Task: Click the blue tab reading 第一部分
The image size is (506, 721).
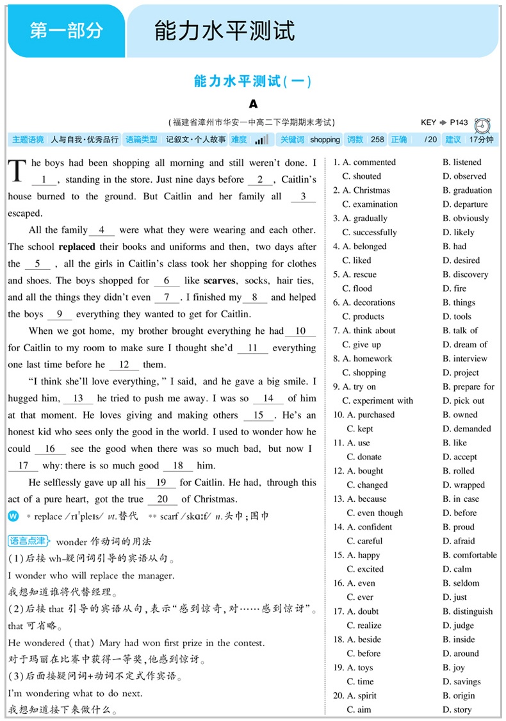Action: [x=66, y=31]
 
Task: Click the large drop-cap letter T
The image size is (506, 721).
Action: [x=17, y=171]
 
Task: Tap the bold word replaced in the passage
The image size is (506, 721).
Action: [x=77, y=247]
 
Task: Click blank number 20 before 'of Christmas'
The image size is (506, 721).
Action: [x=162, y=499]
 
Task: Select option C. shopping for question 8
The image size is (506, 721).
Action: [x=364, y=373]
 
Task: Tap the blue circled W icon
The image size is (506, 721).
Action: [x=13, y=517]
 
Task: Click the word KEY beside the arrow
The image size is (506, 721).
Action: [x=428, y=122]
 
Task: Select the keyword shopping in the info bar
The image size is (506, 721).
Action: [x=325, y=140]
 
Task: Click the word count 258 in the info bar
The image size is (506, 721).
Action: [x=378, y=140]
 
